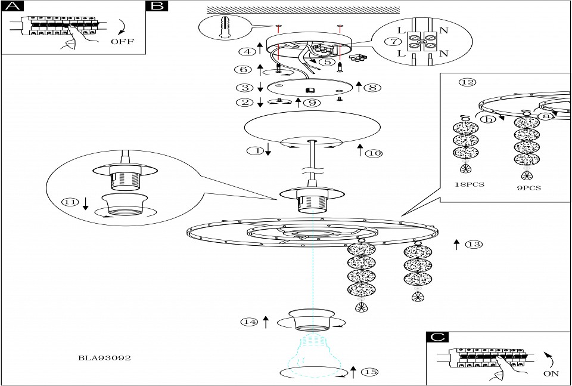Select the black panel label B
[x=157, y=7]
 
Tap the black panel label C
[x=439, y=337]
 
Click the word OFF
[x=122, y=42]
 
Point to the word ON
[x=552, y=375]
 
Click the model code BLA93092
[x=105, y=358]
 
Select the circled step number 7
[x=392, y=41]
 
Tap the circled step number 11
[x=70, y=202]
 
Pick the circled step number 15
[x=370, y=372]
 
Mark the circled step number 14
[x=249, y=322]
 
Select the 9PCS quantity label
[x=529, y=187]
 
